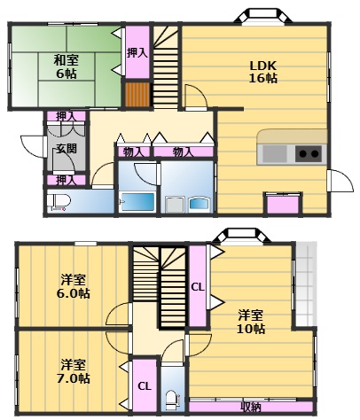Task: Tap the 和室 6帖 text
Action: pos(65,67)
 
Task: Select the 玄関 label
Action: pos(66,148)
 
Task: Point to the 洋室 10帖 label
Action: pos(251,322)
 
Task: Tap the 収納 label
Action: pos(251,407)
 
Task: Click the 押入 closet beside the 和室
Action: pos(137,54)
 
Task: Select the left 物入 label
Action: pos(133,152)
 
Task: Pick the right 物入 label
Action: pos(183,152)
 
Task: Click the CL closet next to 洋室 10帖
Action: pos(199,287)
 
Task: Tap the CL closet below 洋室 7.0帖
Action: pos(144,385)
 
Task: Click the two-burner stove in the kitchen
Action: pos(308,153)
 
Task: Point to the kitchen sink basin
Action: pos(275,153)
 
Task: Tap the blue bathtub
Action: pos(137,200)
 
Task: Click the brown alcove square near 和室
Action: pos(137,93)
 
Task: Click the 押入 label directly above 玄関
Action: pos(66,116)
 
